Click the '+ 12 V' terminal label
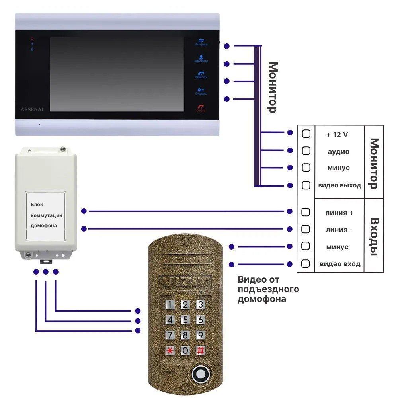(x=337, y=135)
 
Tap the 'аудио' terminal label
(x=338, y=152)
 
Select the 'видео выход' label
(x=339, y=185)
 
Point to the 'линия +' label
(x=339, y=213)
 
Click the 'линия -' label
(x=339, y=230)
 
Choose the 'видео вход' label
(x=340, y=264)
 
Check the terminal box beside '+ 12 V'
(x=306, y=134)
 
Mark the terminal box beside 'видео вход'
(x=306, y=263)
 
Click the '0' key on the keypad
(x=185, y=351)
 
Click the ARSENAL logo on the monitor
(x=32, y=109)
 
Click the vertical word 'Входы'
(x=374, y=236)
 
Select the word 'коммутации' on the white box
(x=47, y=215)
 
